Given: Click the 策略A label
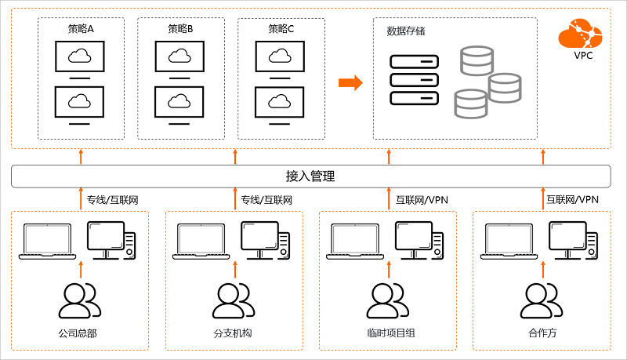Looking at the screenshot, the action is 81,29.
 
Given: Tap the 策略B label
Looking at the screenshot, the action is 180,29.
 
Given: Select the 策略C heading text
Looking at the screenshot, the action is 281,29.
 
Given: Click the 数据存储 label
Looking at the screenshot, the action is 405,31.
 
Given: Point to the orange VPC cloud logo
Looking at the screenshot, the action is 580,33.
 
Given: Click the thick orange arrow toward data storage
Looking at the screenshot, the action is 350,83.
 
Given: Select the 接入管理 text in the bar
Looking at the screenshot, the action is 310,176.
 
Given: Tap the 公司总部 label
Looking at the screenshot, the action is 78,333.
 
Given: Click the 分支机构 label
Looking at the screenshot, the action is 232,333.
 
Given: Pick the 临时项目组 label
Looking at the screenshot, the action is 390,333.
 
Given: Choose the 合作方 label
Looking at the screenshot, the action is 542,333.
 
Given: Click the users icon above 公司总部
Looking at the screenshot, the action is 80,301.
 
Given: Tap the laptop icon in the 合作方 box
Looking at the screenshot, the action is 509,242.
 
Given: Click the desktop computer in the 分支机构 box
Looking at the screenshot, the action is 266,241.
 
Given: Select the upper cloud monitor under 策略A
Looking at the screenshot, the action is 80,60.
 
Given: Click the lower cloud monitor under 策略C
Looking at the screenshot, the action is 280,106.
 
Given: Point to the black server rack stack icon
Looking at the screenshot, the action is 415,80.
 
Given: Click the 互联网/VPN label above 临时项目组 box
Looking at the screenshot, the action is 422,199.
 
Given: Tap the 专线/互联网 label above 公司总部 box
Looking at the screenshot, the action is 113,199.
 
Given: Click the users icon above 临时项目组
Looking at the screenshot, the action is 388,301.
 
